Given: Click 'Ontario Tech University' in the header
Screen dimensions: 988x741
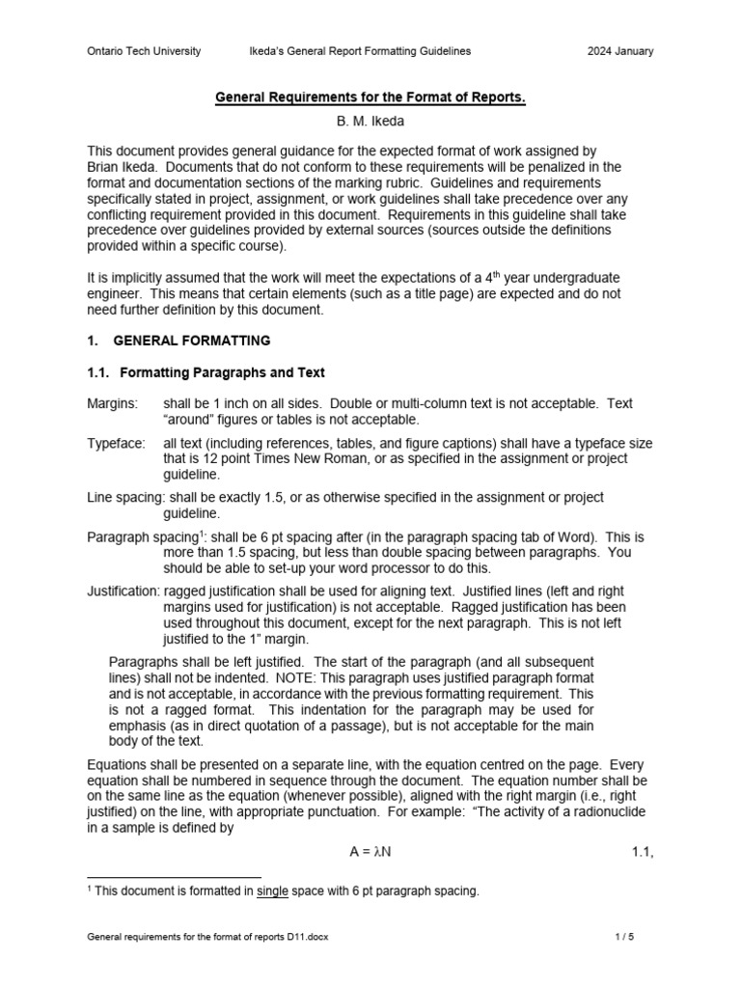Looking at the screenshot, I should click(x=144, y=51).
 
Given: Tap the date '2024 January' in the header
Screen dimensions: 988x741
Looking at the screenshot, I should click(x=620, y=51).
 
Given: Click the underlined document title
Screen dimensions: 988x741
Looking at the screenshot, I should click(x=370, y=98).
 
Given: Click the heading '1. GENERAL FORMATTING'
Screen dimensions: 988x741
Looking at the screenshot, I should click(x=178, y=341).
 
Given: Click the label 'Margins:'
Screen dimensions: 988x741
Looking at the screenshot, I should click(x=112, y=403).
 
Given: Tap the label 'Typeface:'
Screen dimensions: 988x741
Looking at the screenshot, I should click(x=116, y=443).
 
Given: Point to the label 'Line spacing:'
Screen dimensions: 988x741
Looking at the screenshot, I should click(x=123, y=497).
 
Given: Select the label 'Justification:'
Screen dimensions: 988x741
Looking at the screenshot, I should click(x=123, y=590).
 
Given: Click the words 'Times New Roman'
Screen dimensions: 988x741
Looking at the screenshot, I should click(x=281, y=458).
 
